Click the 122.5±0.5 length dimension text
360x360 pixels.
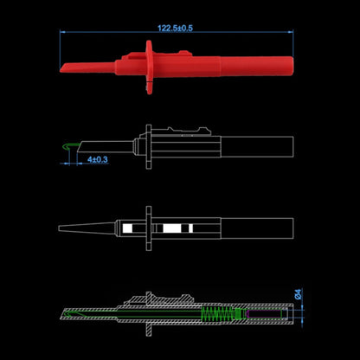tap(175, 28)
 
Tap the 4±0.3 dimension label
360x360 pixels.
tap(98, 159)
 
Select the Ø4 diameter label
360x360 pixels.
tap(299, 294)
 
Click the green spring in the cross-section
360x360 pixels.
tap(218, 314)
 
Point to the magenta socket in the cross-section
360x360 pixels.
tap(265, 314)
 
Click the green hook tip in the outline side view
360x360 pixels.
tap(69, 146)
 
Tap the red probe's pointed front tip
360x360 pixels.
tap(61, 69)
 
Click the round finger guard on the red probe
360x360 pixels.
tap(149, 67)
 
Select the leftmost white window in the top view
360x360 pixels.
tap(127, 228)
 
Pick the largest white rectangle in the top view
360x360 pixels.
tap(172, 228)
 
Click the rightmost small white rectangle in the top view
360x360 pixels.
tap(190, 228)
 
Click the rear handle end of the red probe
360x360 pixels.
tap(292, 66)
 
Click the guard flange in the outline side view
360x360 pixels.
tap(149, 146)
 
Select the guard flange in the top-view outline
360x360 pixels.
tap(149, 228)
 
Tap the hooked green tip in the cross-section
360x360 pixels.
tap(70, 313)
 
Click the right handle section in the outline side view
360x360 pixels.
tap(257, 147)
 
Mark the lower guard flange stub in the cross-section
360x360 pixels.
tap(149, 330)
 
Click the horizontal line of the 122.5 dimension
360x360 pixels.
tap(177, 32)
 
